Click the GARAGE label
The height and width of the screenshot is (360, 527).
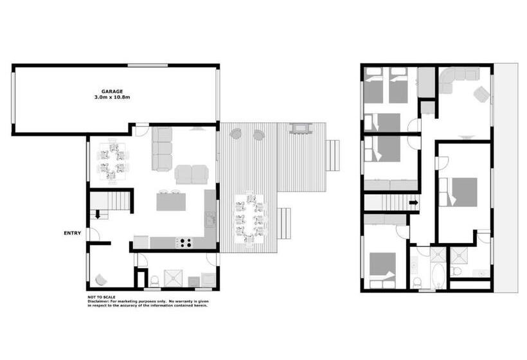[112, 91]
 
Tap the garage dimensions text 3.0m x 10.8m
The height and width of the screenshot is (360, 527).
[112, 97]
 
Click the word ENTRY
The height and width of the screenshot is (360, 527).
[72, 233]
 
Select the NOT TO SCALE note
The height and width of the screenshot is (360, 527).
[102, 297]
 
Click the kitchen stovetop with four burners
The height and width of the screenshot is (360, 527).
[184, 243]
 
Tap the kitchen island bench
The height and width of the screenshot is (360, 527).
[171, 202]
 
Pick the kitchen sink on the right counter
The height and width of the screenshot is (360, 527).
[211, 219]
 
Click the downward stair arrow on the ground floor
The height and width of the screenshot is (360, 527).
[98, 214]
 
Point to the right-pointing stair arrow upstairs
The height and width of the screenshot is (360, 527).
[414, 203]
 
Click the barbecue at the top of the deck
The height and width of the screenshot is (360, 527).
[299, 129]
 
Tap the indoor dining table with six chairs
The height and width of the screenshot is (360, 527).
[113, 161]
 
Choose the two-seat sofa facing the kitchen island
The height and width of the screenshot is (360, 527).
[192, 174]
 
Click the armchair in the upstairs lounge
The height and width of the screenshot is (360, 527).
[481, 94]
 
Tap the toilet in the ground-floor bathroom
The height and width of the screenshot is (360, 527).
[154, 281]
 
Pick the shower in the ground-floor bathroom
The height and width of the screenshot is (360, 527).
[173, 278]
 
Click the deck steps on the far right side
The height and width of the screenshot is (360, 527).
[333, 156]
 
